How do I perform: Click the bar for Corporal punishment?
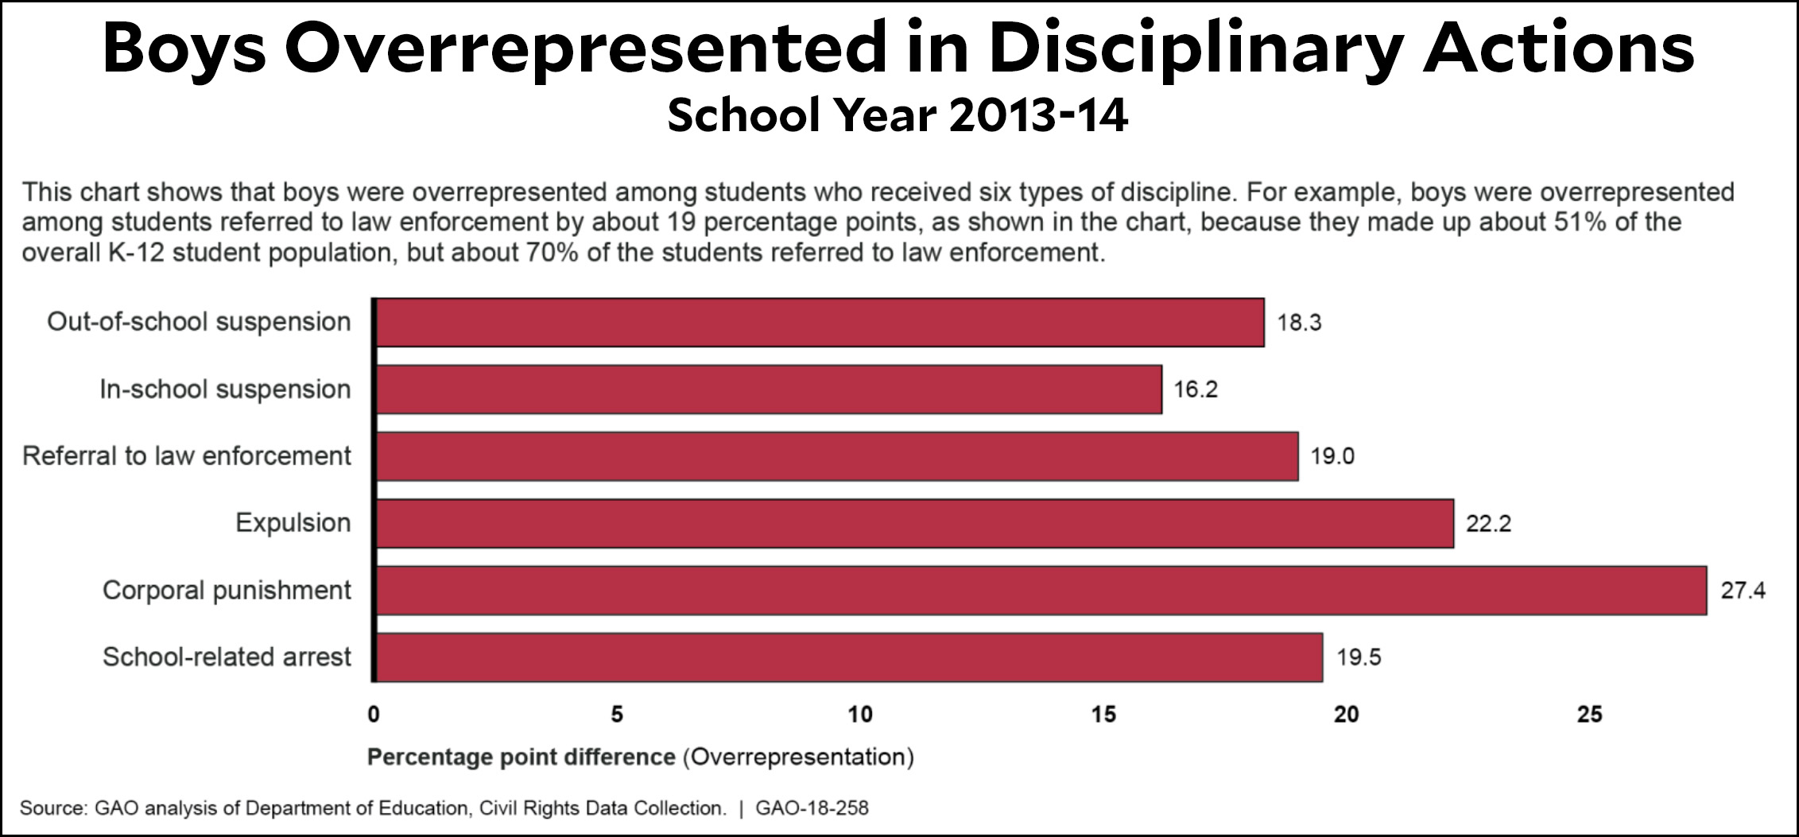(1041, 591)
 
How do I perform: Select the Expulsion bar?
(914, 524)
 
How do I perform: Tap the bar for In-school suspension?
(769, 389)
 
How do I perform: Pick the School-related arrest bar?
(849, 657)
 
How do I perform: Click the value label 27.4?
(1743, 591)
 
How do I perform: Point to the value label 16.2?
(1196, 389)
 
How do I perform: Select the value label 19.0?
(1332, 456)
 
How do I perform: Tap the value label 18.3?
(1299, 323)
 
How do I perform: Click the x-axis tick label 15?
(1103, 715)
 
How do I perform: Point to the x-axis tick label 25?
(1590, 715)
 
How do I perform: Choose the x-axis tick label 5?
(617, 715)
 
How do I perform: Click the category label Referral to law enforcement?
(187, 456)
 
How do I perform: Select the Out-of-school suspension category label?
(199, 322)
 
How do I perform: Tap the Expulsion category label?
(293, 523)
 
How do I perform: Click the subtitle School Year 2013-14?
(898, 116)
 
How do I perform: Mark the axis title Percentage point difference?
(521, 757)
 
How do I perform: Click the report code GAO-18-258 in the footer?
(812, 808)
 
